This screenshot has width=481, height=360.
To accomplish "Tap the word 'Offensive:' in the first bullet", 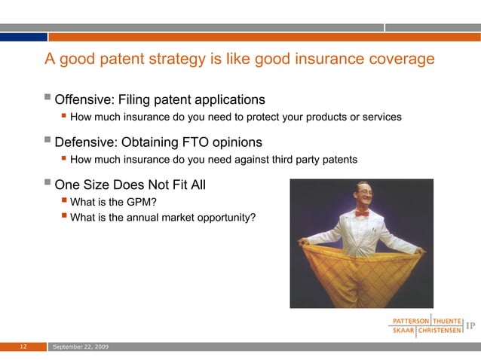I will tap(84, 99).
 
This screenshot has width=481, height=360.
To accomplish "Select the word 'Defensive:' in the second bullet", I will tap(86, 142).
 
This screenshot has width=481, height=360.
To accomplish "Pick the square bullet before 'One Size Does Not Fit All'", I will tap(49, 183).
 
